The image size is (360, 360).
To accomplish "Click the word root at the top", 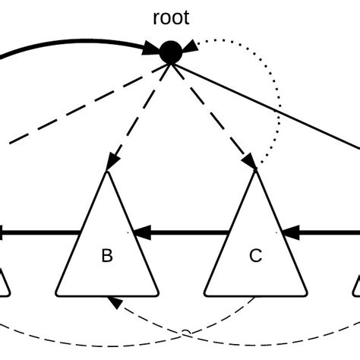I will (x=171, y=17).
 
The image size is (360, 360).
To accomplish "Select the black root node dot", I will (x=171, y=52).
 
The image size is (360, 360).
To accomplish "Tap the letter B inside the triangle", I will (x=107, y=256).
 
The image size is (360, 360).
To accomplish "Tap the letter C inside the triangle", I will (x=256, y=256).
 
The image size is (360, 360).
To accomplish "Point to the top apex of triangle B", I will (x=107, y=172).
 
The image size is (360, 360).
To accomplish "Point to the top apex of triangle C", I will (x=256, y=172).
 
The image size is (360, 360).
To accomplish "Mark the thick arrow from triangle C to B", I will (x=182, y=232).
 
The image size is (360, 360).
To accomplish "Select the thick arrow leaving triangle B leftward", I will (x=38, y=232).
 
